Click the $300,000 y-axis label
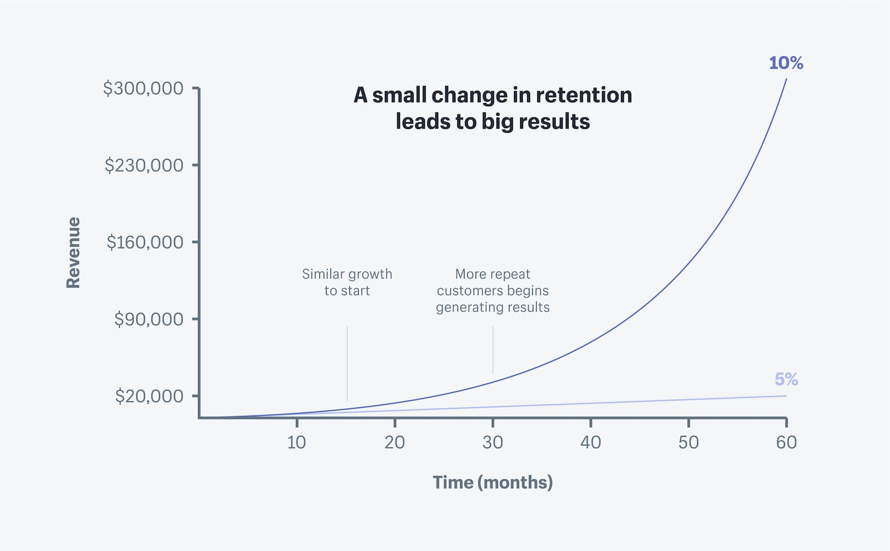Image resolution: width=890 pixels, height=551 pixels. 143,88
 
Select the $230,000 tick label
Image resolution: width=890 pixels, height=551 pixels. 144,165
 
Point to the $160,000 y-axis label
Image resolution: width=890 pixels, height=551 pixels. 145,242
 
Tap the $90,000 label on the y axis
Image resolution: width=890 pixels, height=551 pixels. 149,319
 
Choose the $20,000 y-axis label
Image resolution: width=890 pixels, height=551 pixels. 149,396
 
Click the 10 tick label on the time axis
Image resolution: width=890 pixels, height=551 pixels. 296,443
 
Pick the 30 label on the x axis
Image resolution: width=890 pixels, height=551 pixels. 492,443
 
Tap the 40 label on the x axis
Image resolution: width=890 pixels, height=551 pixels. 590,443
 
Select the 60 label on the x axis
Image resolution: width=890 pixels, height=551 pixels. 786,443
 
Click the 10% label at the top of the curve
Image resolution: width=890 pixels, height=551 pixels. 785,63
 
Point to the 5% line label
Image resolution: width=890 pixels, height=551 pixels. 786,379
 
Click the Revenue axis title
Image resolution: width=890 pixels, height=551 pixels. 73,252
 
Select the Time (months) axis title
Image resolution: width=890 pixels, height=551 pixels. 492,482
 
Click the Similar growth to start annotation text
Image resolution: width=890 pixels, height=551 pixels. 347,282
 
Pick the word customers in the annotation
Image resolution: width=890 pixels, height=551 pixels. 469,291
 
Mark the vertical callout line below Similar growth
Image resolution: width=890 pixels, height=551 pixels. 347,364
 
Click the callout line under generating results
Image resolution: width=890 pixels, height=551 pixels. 493,350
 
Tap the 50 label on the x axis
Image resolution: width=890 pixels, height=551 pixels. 688,443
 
